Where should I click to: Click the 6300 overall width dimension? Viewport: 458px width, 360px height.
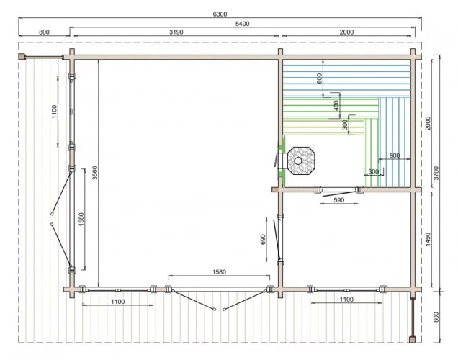click(220, 14)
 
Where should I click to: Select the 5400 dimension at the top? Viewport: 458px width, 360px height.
click(242, 24)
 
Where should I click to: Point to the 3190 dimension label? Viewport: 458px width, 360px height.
click(176, 32)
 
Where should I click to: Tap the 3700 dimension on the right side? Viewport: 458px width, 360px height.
click(436, 173)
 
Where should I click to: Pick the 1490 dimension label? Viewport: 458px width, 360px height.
click(428, 240)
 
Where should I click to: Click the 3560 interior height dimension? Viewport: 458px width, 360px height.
click(95, 173)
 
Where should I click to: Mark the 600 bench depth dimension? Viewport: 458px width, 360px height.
click(319, 78)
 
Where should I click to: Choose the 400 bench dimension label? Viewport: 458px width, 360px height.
click(336, 106)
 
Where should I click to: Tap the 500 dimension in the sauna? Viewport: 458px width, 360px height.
click(395, 156)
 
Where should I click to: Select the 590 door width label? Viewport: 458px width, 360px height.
click(339, 200)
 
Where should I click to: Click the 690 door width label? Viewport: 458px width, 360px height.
click(263, 240)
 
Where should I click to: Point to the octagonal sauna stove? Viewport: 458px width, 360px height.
click(301, 161)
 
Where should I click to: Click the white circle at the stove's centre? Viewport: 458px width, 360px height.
click(298, 161)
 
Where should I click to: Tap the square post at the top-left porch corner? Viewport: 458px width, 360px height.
click(22, 56)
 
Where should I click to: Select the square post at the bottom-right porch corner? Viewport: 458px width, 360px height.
click(412, 339)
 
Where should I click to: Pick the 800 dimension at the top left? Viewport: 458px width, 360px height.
click(44, 32)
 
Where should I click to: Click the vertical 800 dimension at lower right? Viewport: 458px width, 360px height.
click(436, 317)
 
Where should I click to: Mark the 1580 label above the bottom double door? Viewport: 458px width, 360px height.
click(219, 272)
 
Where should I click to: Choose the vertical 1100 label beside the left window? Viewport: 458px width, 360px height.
click(54, 112)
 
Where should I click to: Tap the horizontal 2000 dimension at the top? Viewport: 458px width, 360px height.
click(346, 32)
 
